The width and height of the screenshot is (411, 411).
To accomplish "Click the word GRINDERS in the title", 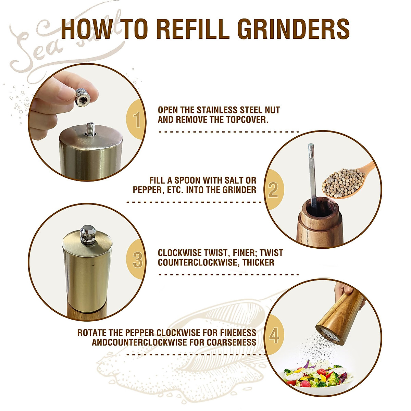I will [294, 29].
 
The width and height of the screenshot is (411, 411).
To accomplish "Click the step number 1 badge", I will [137, 120].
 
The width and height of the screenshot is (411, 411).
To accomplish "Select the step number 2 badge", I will [273, 190].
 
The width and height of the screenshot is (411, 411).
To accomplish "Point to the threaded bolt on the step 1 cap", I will [91, 128].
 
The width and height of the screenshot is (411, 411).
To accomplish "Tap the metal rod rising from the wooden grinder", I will [312, 175].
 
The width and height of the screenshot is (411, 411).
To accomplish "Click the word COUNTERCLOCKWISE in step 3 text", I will [199, 263].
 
